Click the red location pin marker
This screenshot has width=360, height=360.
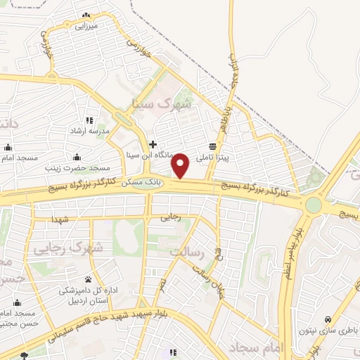tap(181, 165)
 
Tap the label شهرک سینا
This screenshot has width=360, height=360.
tap(161, 103)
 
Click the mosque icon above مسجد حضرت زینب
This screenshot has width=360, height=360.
tap(77, 157)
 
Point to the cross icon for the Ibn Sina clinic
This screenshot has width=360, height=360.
tap(153, 143)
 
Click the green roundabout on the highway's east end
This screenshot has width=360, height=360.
tap(313, 205)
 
